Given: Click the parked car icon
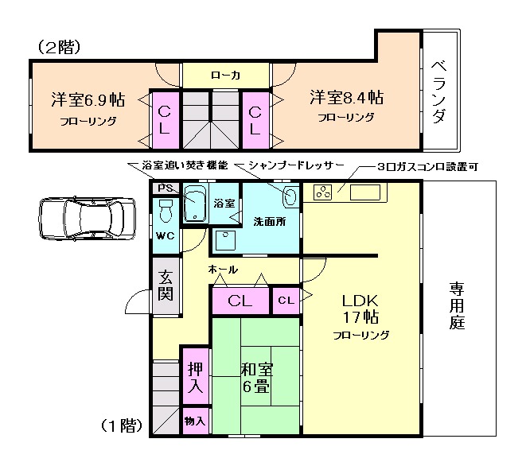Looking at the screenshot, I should click(86, 218).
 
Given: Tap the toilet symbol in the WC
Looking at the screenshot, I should click(166, 211).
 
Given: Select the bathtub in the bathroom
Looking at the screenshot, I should click(196, 205).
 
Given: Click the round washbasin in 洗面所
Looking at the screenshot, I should click(290, 196).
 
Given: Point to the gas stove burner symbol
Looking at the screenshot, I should click(324, 192).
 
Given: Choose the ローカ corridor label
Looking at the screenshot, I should click(226, 76).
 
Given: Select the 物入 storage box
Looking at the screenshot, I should click(195, 420).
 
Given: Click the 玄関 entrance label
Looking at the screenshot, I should click(166, 285).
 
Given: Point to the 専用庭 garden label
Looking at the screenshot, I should click(456, 305).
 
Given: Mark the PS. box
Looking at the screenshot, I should click(165, 188).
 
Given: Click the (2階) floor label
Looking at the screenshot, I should click(59, 48).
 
